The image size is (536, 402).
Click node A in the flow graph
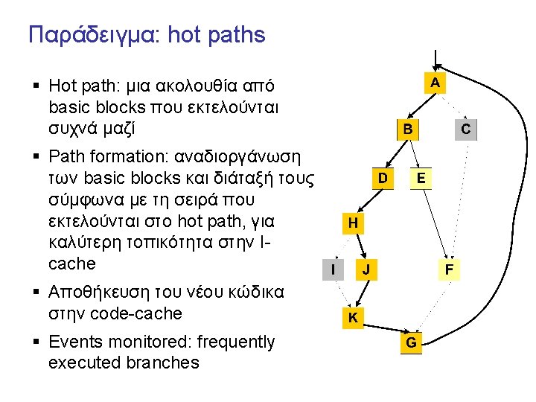(435, 82)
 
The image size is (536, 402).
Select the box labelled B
(407, 130)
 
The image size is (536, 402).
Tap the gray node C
(465, 130)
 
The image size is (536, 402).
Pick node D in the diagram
(382, 178)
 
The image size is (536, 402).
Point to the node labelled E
(421, 178)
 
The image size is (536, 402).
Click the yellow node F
(450, 269)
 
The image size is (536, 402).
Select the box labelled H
(353, 223)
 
